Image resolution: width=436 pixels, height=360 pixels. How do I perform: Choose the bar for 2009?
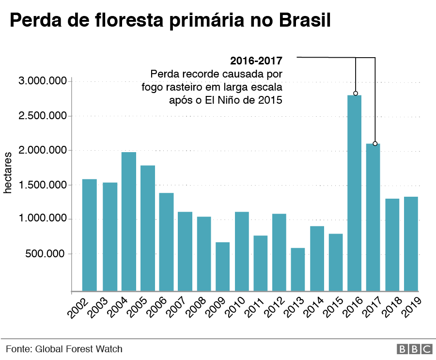(223, 266)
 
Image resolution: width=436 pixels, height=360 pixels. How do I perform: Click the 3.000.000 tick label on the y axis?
(42, 81)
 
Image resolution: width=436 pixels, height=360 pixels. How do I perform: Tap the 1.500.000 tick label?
(42, 185)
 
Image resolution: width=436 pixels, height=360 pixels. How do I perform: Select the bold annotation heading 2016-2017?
(256, 61)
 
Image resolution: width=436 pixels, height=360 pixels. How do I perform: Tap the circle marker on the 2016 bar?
(356, 93)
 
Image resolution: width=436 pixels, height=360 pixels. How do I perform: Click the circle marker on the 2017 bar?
(375, 144)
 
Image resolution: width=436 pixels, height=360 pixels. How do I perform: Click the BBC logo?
(414, 349)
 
